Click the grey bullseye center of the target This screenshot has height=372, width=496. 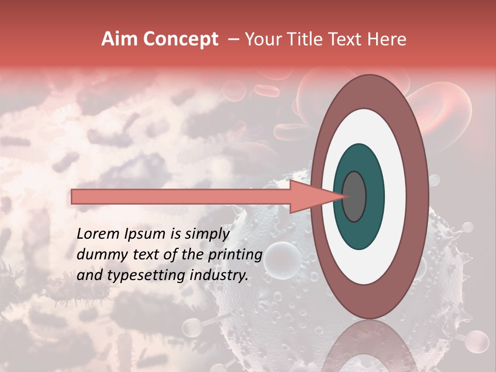point(354,197)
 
